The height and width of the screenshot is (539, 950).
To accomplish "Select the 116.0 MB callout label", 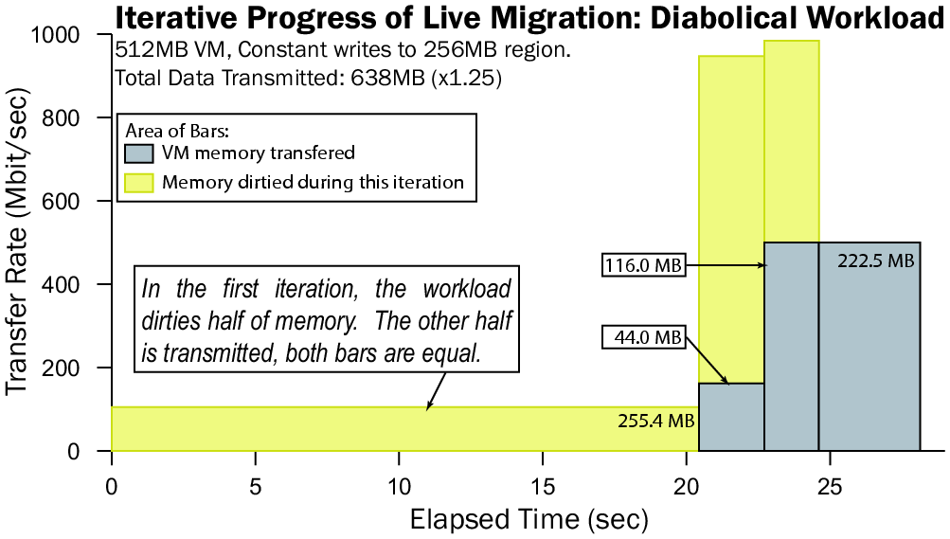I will [643, 266].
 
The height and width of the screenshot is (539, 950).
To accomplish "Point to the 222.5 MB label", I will [876, 261].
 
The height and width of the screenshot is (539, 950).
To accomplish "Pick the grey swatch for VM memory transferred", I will [139, 153].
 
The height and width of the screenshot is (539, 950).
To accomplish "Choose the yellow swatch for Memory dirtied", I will [139, 182].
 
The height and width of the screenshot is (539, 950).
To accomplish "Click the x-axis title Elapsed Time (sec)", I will [529, 519].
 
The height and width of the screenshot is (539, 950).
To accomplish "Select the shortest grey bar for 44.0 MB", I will [731, 417].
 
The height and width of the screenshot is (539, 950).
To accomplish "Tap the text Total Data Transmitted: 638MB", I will [308, 79].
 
